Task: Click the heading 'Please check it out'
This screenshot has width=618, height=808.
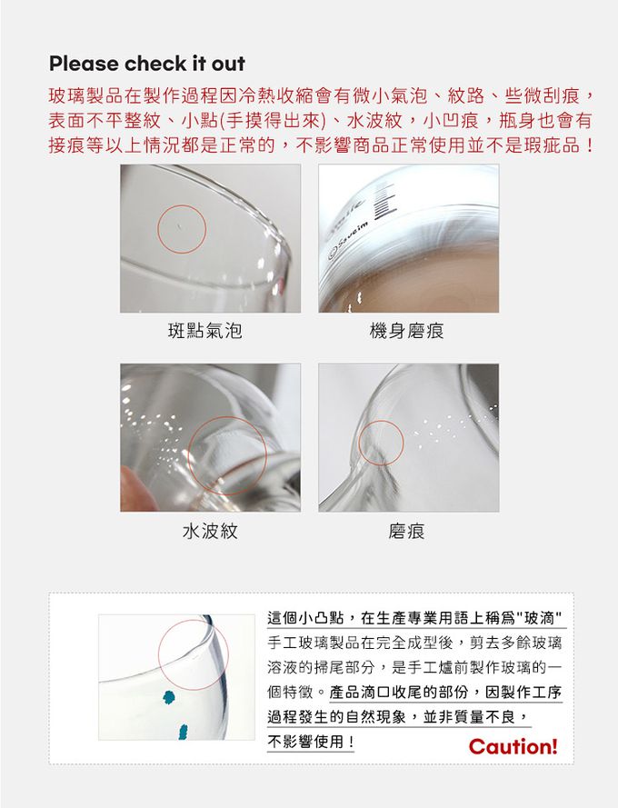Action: (147, 64)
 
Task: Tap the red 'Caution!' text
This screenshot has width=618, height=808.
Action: (513, 747)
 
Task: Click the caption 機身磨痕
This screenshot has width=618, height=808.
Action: (406, 331)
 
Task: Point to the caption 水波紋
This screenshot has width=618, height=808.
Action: (210, 531)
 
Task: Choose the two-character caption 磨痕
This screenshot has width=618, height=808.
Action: (406, 531)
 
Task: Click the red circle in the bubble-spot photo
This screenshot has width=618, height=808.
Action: (181, 229)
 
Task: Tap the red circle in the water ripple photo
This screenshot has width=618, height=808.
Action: (226, 454)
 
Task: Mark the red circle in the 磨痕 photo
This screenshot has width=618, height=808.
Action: (382, 444)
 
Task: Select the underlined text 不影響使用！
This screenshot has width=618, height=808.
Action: (312, 743)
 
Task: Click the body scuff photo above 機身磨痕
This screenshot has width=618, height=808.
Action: (408, 238)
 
